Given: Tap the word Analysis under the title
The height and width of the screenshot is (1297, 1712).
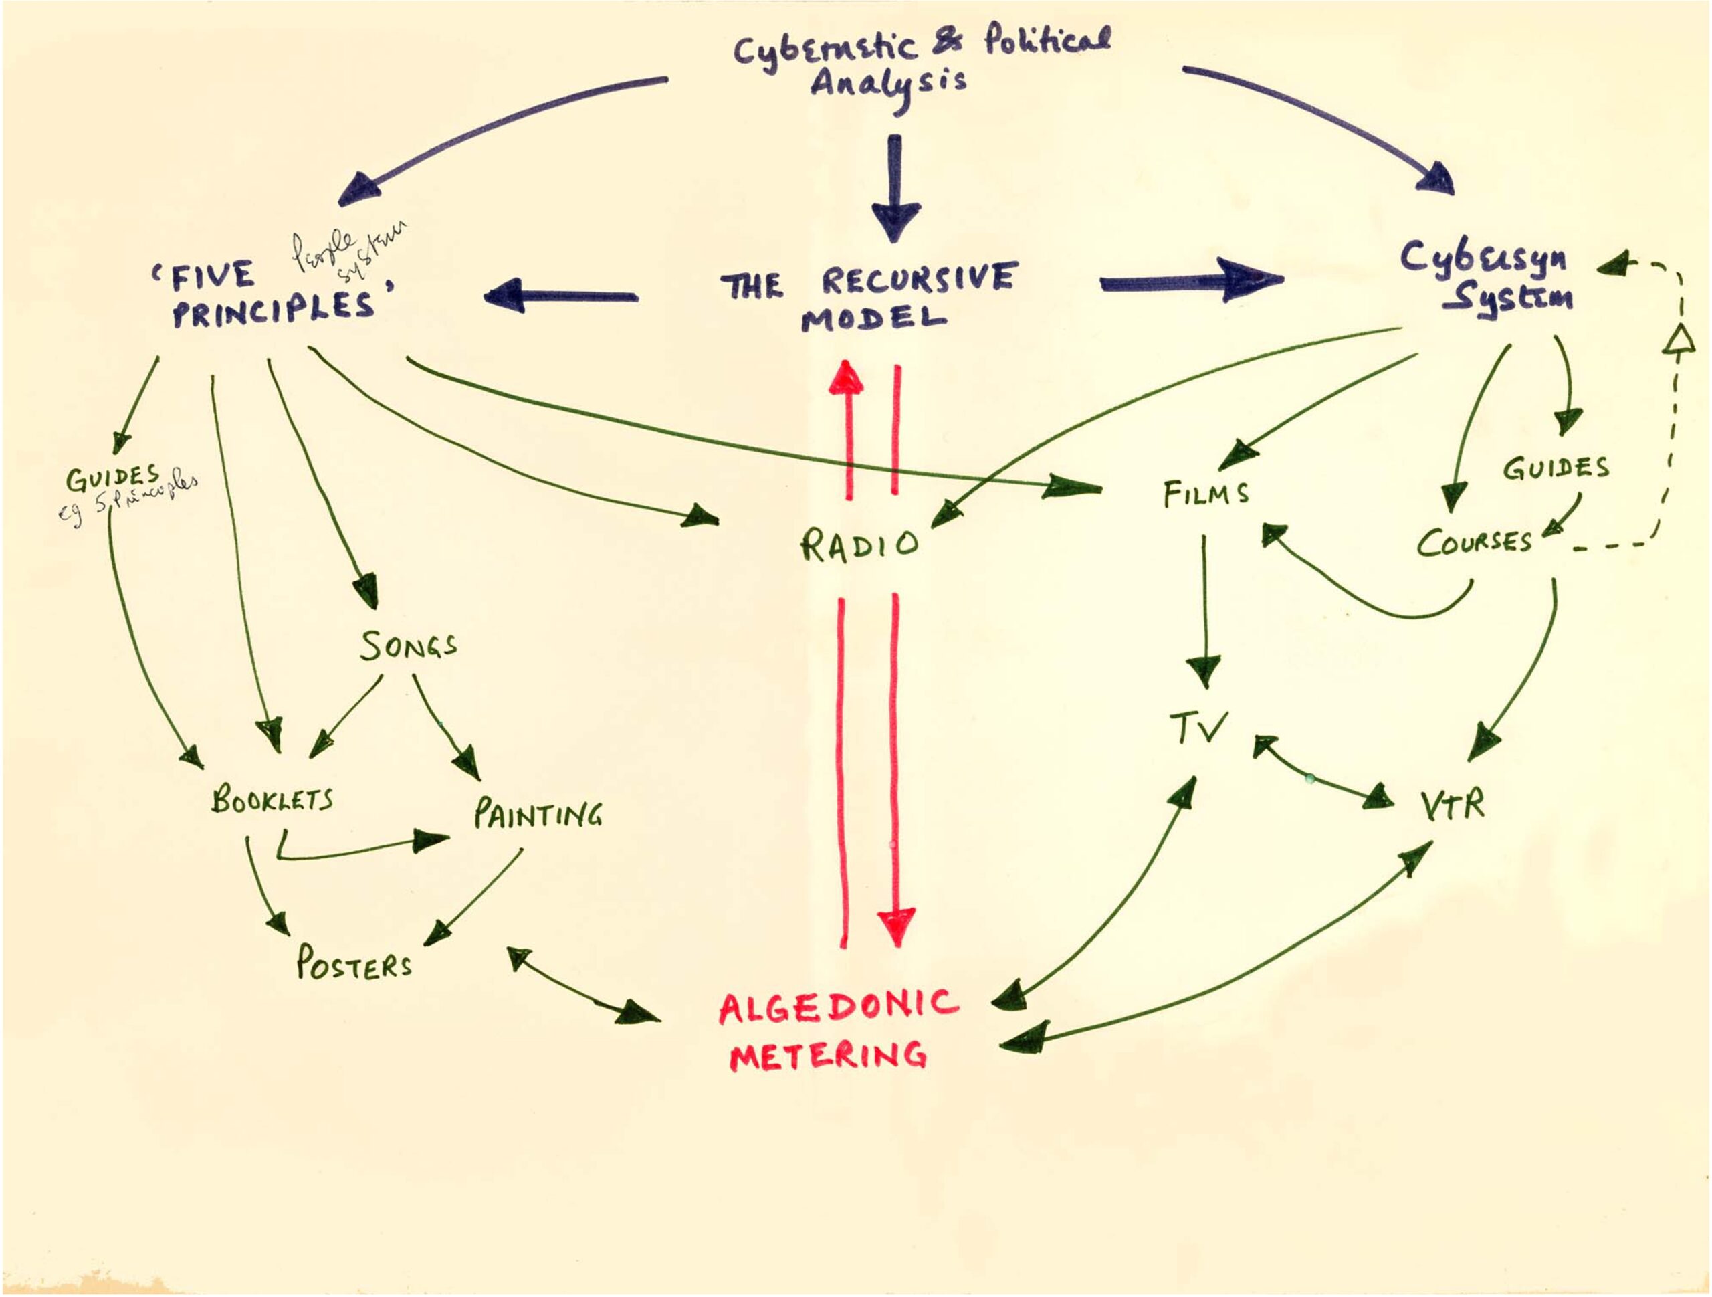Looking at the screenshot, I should click(x=889, y=84).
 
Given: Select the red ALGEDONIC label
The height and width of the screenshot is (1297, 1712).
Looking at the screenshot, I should click(x=838, y=1006).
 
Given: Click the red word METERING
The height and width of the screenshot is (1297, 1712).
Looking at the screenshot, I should click(x=829, y=1056).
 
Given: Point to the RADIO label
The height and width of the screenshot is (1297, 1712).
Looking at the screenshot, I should click(x=860, y=544).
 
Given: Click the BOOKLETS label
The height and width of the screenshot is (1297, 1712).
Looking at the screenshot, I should click(x=272, y=799).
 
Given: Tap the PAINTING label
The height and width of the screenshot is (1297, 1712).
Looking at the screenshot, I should click(x=538, y=814).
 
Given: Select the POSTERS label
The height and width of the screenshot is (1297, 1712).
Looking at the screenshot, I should click(x=354, y=964).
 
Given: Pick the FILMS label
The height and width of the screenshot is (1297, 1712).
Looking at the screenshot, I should click(x=1206, y=493).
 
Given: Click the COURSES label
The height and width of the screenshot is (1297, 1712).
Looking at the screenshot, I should click(x=1475, y=542).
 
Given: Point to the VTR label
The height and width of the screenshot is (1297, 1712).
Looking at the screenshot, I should click(x=1453, y=806).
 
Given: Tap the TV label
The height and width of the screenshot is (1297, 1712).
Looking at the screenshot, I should click(x=1198, y=728).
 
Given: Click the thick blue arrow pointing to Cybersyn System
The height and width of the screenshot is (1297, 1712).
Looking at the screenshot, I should click(x=1192, y=281).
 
